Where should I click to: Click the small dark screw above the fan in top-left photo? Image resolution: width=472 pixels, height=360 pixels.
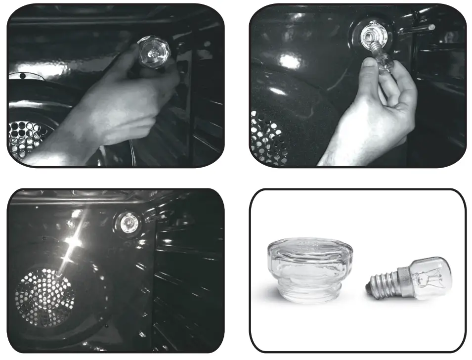coord(22,76)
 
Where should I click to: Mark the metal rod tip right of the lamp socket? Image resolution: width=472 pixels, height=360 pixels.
coord(432,27)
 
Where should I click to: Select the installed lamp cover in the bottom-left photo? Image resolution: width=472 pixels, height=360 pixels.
coord(129,222)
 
